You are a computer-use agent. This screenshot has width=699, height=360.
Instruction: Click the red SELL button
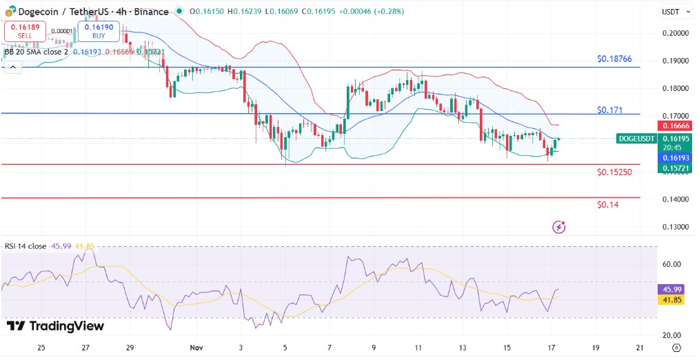coord(24,31)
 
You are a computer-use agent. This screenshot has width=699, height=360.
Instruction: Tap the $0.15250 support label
coord(615,172)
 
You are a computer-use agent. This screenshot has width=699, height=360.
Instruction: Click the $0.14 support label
coord(609,205)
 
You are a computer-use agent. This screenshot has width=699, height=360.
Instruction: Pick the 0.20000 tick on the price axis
coord(676,33)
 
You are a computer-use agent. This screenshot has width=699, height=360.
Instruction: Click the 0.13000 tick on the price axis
coord(676,227)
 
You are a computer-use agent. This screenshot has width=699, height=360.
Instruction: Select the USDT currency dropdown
coord(672,12)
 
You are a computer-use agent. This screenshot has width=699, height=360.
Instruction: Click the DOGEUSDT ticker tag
coord(636,139)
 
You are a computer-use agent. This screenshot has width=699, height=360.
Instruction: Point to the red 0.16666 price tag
coord(676,126)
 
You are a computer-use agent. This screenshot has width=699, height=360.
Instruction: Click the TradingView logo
coord(55,326)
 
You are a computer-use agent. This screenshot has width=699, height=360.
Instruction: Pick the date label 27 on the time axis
coord(85,347)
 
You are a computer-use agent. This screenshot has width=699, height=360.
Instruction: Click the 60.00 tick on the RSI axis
coord(671,264)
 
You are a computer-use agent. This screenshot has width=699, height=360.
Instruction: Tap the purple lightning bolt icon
coord(559,227)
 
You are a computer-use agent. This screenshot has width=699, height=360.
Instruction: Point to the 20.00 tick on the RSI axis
coord(671,335)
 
